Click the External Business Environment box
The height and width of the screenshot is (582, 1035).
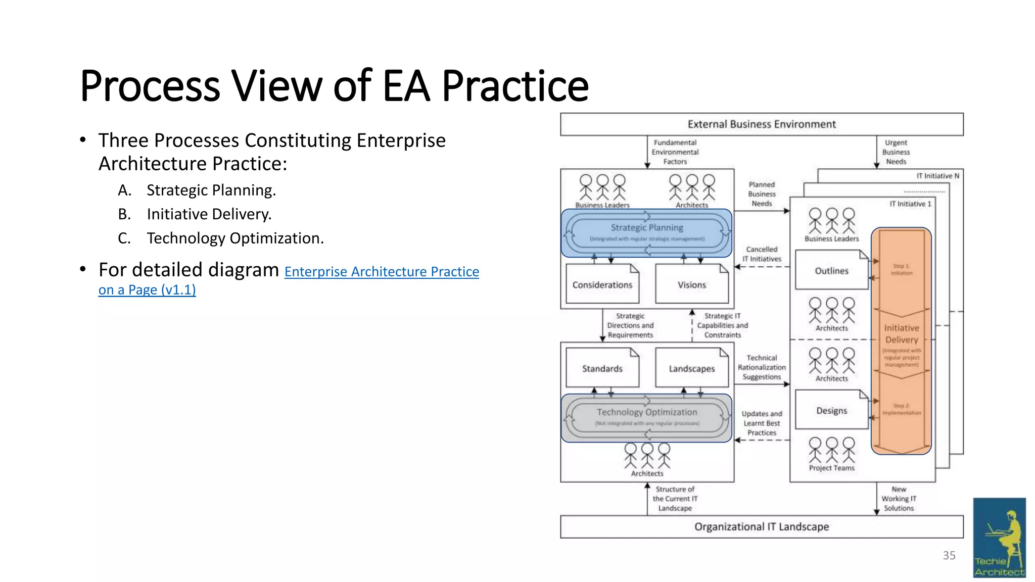tap(761, 124)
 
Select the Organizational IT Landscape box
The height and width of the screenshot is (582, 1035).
tap(761, 526)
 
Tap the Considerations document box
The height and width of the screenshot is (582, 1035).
tap(602, 285)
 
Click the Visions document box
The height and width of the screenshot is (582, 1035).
tap(691, 285)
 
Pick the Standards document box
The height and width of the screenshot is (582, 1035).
tap(602, 369)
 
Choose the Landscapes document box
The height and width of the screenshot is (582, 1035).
tap(691, 369)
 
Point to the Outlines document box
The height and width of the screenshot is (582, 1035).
tap(831, 271)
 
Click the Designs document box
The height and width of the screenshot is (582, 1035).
tap(831, 411)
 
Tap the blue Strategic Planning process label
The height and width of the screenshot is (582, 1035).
tap(646, 228)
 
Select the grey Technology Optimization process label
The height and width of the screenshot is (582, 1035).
tap(646, 412)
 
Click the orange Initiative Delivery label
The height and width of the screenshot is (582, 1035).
tap(901, 334)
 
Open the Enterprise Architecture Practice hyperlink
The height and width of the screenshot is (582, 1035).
tap(381, 272)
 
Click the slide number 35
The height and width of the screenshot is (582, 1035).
tap(949, 556)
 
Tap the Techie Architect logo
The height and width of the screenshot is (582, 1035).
tap(999, 538)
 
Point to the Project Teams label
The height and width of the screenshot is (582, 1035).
tap(831, 468)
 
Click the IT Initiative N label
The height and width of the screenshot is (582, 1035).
tap(937, 176)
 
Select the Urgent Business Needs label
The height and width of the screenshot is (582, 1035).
tap(896, 152)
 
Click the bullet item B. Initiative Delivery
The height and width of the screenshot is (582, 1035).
tap(209, 214)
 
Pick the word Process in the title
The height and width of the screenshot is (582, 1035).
tap(150, 86)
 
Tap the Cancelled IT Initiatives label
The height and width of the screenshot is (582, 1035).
tap(762, 254)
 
